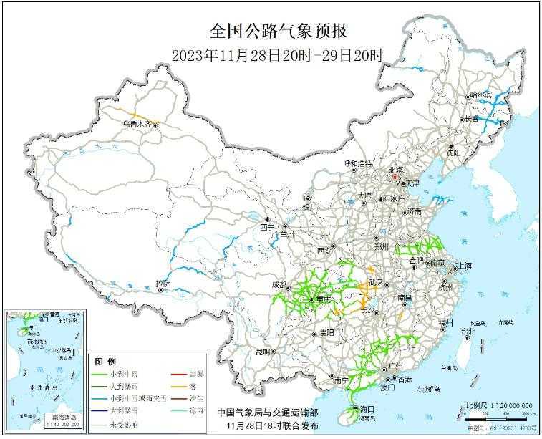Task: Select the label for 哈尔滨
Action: pos(480,95)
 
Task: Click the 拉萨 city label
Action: pos(163,284)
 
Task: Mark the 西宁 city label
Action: pos(266,227)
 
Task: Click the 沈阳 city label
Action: pos(453,153)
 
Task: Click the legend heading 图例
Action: pos(106,362)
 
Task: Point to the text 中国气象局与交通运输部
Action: pos(268,413)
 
